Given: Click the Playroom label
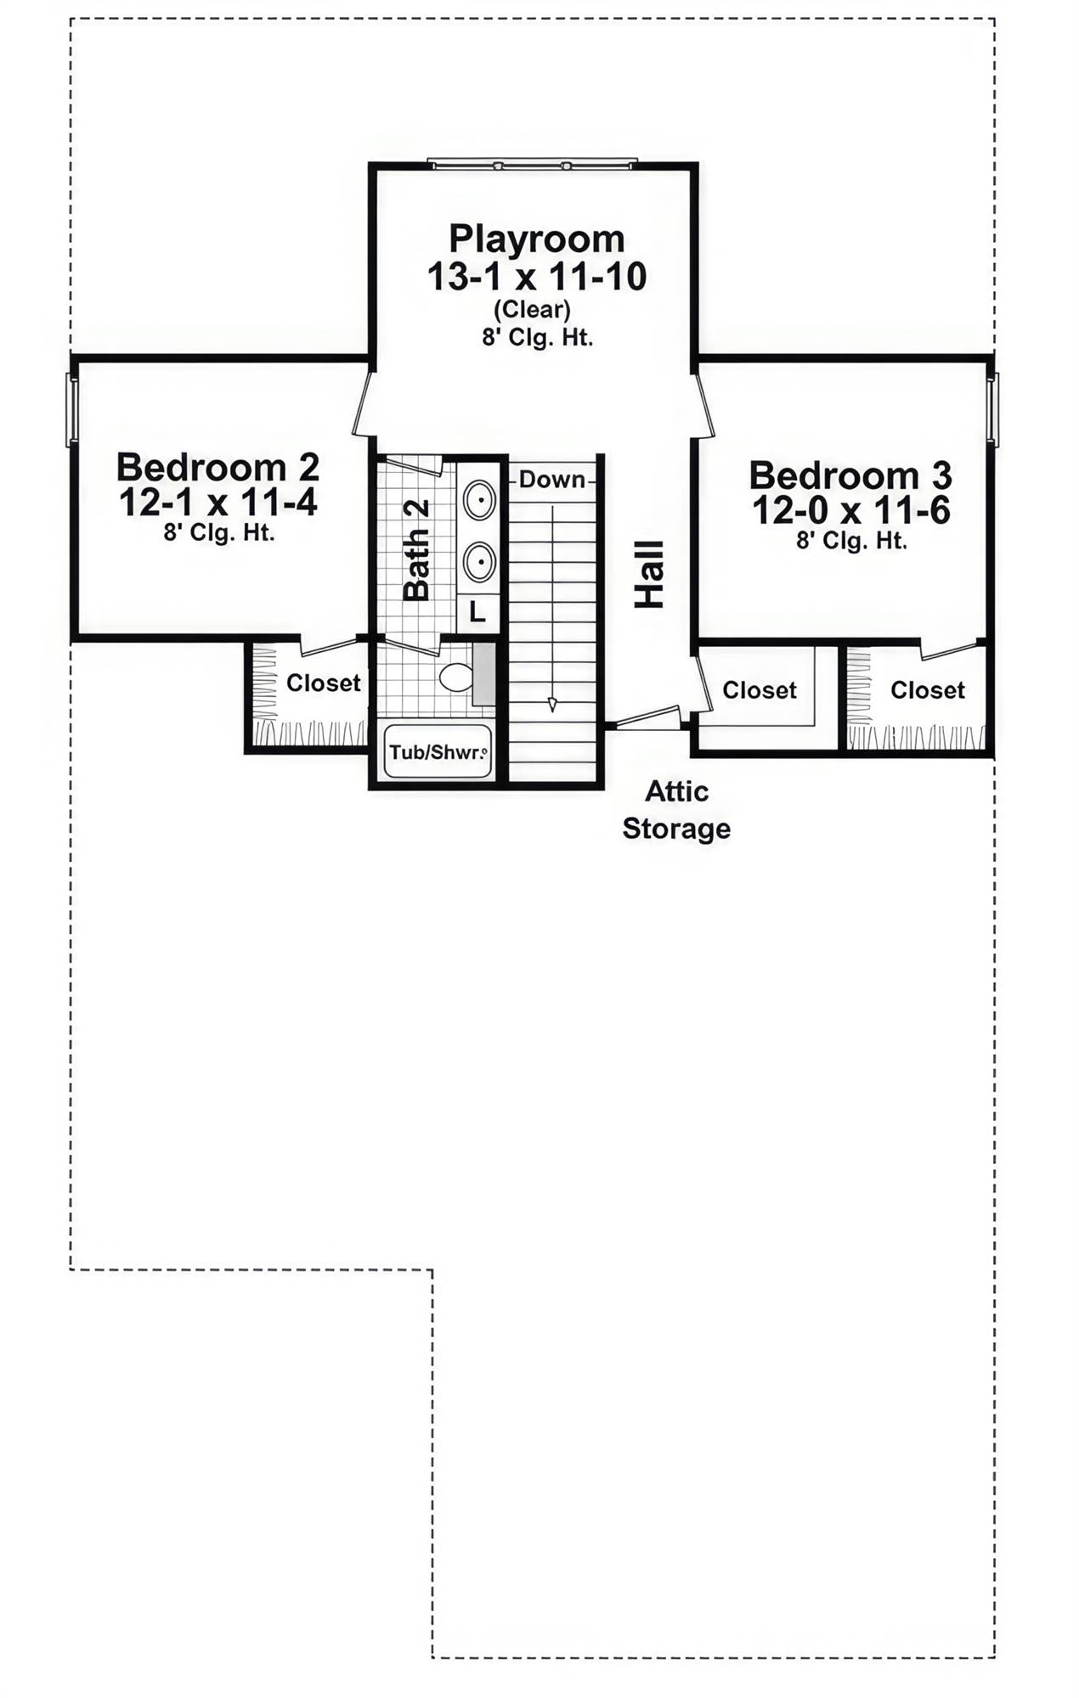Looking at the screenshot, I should pos(536,239).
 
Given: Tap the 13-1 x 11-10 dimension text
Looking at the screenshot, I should pos(536,278).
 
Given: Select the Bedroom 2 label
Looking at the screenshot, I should pos(217,467).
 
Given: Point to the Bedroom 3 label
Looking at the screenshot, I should pos(850,475).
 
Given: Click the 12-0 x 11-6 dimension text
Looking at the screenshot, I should pos(850,511).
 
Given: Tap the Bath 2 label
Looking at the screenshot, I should pos(416,550).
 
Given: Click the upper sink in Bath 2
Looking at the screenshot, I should pos(480,501).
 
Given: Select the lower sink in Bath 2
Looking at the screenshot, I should pos(480,561).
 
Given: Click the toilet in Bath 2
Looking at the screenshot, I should pos(457,677).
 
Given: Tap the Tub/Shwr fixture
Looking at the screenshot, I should pos(438,751).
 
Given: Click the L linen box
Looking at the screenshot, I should pos(477,611).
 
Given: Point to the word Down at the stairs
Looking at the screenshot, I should pos(552,480).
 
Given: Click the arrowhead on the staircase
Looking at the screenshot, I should pos(553,704).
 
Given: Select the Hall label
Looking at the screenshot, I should pos(650,574).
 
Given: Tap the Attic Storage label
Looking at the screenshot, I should pos(676,810).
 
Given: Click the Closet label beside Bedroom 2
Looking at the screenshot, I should pos(323,683).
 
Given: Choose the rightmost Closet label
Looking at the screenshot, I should pos(927,690).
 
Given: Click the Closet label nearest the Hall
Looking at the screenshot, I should pos(759,690).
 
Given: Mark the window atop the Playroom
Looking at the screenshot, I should pos(533,162).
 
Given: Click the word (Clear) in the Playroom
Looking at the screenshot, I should pos(532,308).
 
